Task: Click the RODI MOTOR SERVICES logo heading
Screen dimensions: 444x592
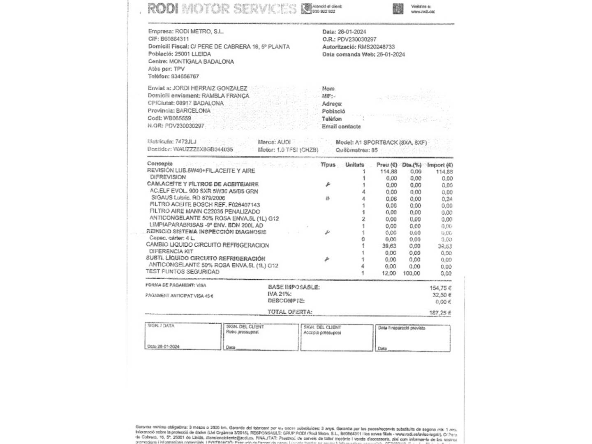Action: point(222,8)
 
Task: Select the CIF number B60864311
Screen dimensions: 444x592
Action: point(175,39)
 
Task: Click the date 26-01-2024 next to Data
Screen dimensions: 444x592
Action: point(351,32)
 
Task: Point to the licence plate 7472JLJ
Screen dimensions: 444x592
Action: point(185,141)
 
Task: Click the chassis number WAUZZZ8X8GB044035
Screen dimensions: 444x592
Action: point(203,149)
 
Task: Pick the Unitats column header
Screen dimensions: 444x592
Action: point(354,164)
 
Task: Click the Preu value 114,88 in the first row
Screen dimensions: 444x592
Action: point(388,171)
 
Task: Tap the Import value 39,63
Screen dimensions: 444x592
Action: point(444,246)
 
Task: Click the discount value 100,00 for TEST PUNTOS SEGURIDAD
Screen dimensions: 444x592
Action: point(411,273)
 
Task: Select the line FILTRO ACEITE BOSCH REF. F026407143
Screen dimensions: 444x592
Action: point(205,204)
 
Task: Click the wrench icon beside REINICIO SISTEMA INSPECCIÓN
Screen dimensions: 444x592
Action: point(327,232)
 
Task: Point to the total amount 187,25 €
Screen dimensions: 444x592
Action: point(440,313)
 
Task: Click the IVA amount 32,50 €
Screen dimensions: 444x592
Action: point(442,295)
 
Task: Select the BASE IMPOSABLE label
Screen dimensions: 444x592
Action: point(294,287)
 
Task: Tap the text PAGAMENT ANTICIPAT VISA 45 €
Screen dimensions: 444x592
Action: point(179,296)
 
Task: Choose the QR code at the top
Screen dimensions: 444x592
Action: point(398,9)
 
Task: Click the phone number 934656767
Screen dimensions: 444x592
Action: point(185,76)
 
